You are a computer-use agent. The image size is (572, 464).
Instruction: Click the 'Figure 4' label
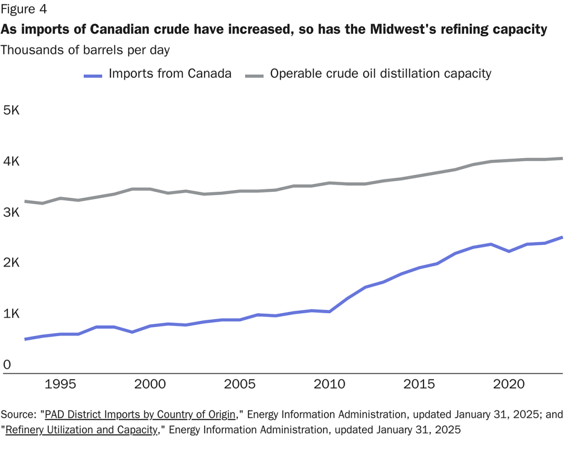pos(24,9)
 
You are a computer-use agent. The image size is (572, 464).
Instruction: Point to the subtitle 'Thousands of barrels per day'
pos(85,50)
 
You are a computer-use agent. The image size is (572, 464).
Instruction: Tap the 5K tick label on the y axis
pos(11,111)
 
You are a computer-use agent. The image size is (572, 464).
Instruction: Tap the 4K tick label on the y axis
pos(11,162)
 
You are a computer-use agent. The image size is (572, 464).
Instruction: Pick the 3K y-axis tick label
pos(11,212)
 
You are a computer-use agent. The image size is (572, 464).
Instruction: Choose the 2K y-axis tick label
pos(11,263)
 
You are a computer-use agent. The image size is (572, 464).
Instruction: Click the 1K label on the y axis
pos(11,314)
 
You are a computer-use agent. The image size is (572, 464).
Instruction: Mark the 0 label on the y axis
pos(7,365)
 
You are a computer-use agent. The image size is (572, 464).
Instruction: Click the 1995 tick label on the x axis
pos(60,385)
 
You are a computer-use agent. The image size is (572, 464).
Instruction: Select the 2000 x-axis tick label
pos(150,385)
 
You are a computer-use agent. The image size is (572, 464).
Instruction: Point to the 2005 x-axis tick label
pos(240,385)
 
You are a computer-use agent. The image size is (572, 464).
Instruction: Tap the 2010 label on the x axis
pos(330,385)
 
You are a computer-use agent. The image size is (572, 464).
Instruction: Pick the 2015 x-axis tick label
pos(419,385)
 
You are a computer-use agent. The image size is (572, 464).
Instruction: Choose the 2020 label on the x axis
pos(508,385)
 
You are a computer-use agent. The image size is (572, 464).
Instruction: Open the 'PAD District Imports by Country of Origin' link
pos(140,415)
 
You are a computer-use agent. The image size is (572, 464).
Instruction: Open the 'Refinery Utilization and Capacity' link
pos(82,430)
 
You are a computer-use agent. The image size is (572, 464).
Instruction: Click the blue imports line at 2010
pos(330,311)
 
